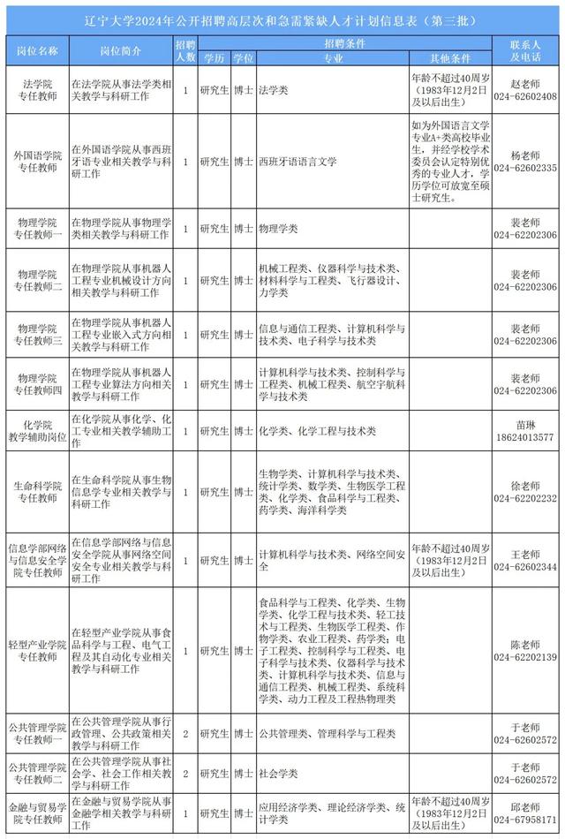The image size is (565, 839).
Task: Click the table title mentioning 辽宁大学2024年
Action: pos(282,19)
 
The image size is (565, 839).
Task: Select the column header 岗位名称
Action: pos(37,50)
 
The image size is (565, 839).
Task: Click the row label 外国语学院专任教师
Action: pos(37,162)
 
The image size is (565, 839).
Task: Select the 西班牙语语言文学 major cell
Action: pos(299,163)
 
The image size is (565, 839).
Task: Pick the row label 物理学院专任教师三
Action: pos(37,335)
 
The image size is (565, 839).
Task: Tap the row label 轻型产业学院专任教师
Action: pos(37,651)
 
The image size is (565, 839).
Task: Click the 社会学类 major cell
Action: pos(278,774)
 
